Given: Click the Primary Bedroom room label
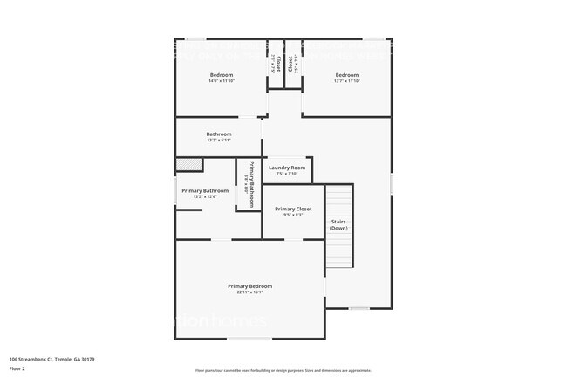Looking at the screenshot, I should click(249, 286).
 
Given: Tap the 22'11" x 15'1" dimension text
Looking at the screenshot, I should click(249, 292).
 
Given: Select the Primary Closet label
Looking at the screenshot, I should click(293, 210).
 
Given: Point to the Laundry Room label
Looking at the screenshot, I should click(287, 168).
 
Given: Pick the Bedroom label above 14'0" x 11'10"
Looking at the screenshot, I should click(221, 75).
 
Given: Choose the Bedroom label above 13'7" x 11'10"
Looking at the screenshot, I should click(347, 75).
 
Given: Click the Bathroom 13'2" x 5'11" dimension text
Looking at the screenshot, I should click(219, 141).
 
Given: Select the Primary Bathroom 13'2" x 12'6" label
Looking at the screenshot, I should click(205, 191).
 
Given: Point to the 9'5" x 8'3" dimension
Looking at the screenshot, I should click(293, 216).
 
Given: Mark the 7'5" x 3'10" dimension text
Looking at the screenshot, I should click(287, 174).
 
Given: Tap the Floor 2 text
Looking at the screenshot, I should click(17, 369).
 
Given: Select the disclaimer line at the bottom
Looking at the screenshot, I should click(283, 370).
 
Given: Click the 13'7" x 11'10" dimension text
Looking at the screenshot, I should click(347, 81).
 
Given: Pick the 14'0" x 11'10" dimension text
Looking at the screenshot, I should click(221, 81).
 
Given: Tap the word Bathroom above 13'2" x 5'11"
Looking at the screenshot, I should click(219, 134).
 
